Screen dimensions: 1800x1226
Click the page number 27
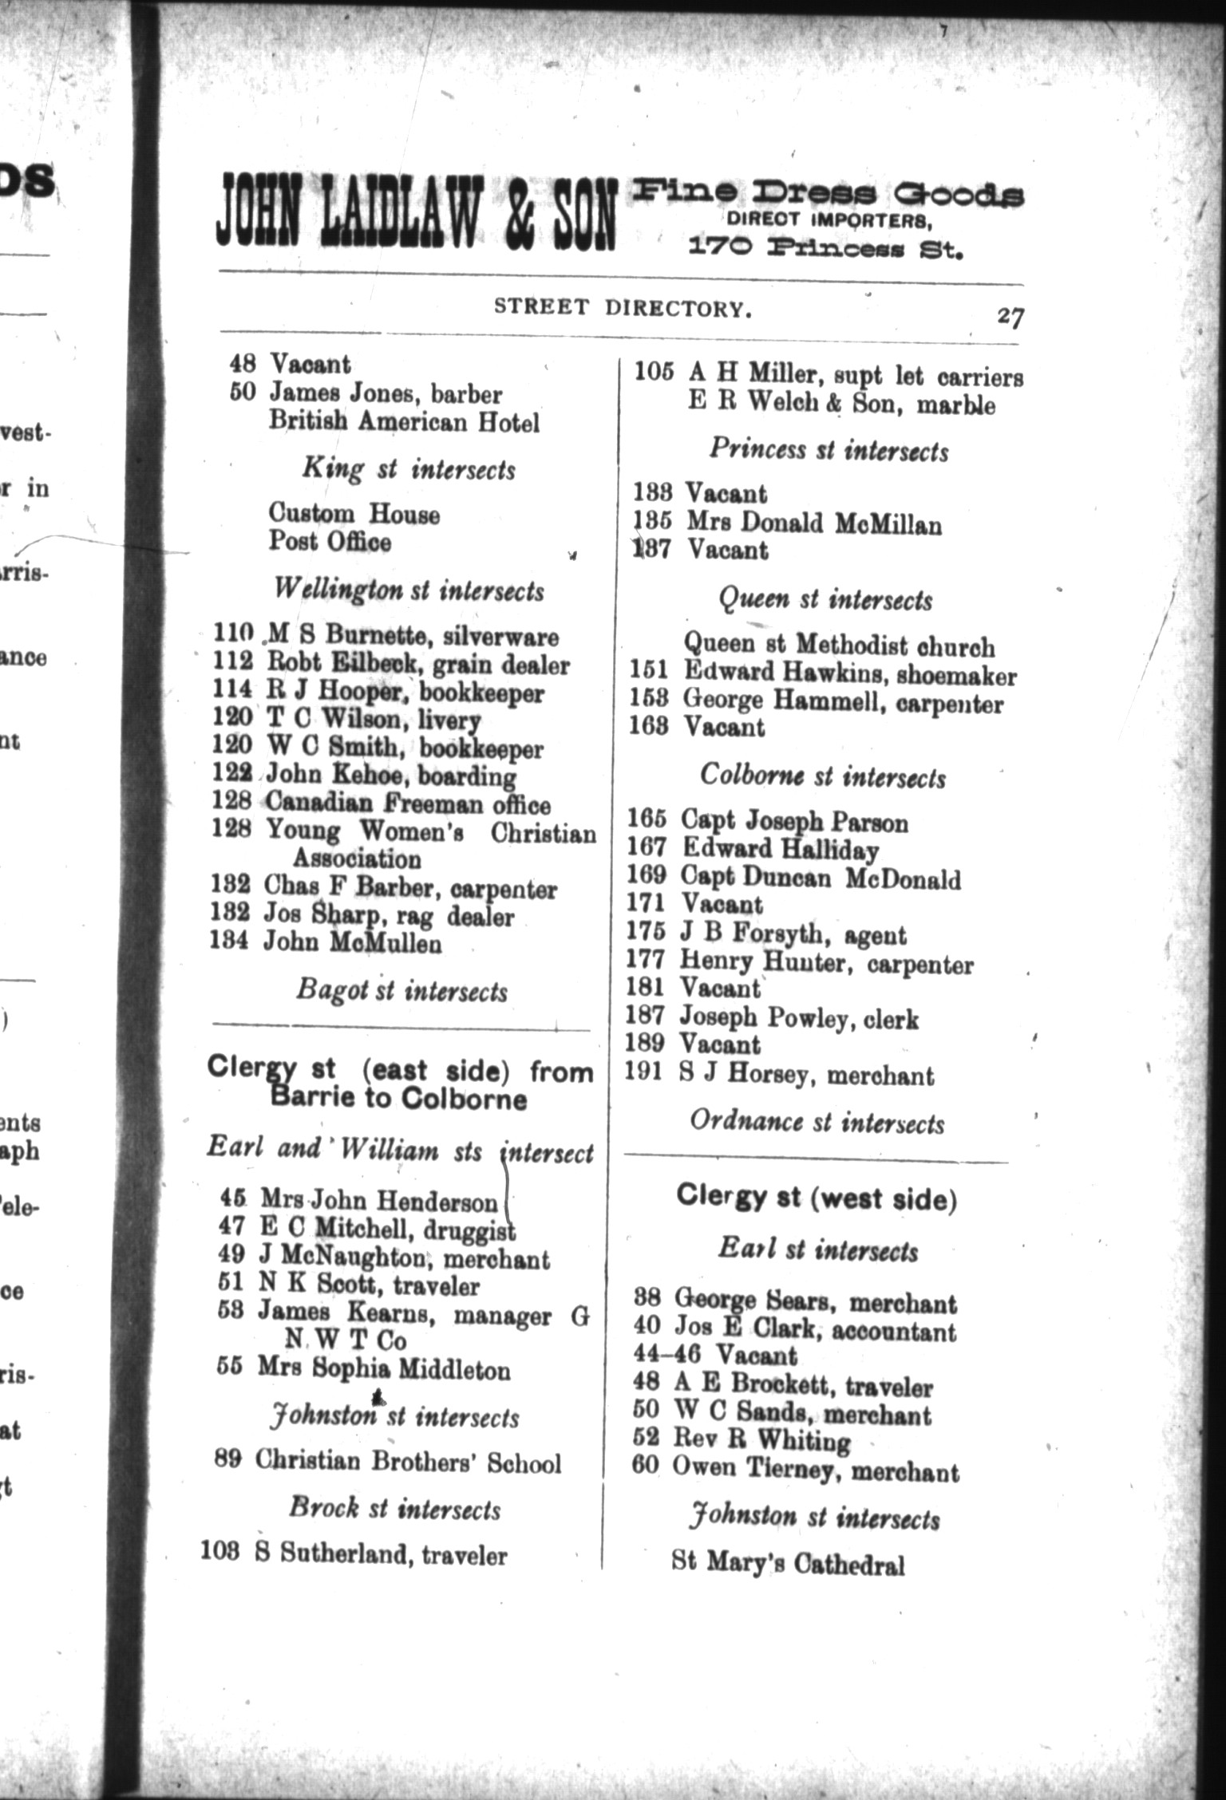point(1009,318)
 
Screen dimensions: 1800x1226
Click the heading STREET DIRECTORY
point(623,308)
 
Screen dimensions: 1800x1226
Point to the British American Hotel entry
point(404,422)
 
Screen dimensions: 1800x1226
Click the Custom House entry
point(354,513)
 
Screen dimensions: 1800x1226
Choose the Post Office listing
point(330,542)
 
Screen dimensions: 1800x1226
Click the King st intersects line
point(408,469)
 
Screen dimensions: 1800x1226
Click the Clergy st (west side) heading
point(817,1198)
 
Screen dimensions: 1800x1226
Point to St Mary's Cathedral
point(788,1563)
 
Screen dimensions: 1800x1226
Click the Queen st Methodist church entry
point(839,645)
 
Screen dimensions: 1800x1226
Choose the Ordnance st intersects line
point(817,1123)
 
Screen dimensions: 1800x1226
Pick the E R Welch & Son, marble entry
point(841,404)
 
